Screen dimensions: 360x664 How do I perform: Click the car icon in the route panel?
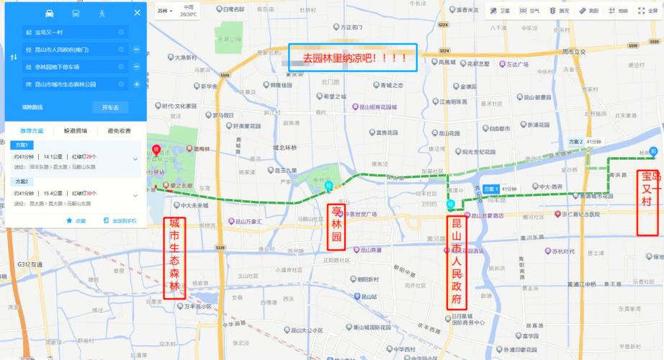(x=49, y=13)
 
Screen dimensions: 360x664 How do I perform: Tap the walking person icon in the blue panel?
(x=103, y=13)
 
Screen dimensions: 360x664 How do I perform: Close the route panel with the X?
(x=137, y=13)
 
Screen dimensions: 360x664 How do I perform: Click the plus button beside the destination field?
(x=136, y=84)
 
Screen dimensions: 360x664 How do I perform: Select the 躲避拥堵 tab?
(x=76, y=130)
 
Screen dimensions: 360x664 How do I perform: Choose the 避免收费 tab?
(x=119, y=130)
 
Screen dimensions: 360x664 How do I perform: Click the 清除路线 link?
(x=32, y=107)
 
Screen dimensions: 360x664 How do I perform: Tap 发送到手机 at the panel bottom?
(x=120, y=220)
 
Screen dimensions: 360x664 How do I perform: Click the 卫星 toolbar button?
(x=501, y=11)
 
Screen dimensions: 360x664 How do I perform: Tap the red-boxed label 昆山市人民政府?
(x=457, y=264)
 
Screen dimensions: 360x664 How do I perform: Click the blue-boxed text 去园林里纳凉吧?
(x=351, y=58)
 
